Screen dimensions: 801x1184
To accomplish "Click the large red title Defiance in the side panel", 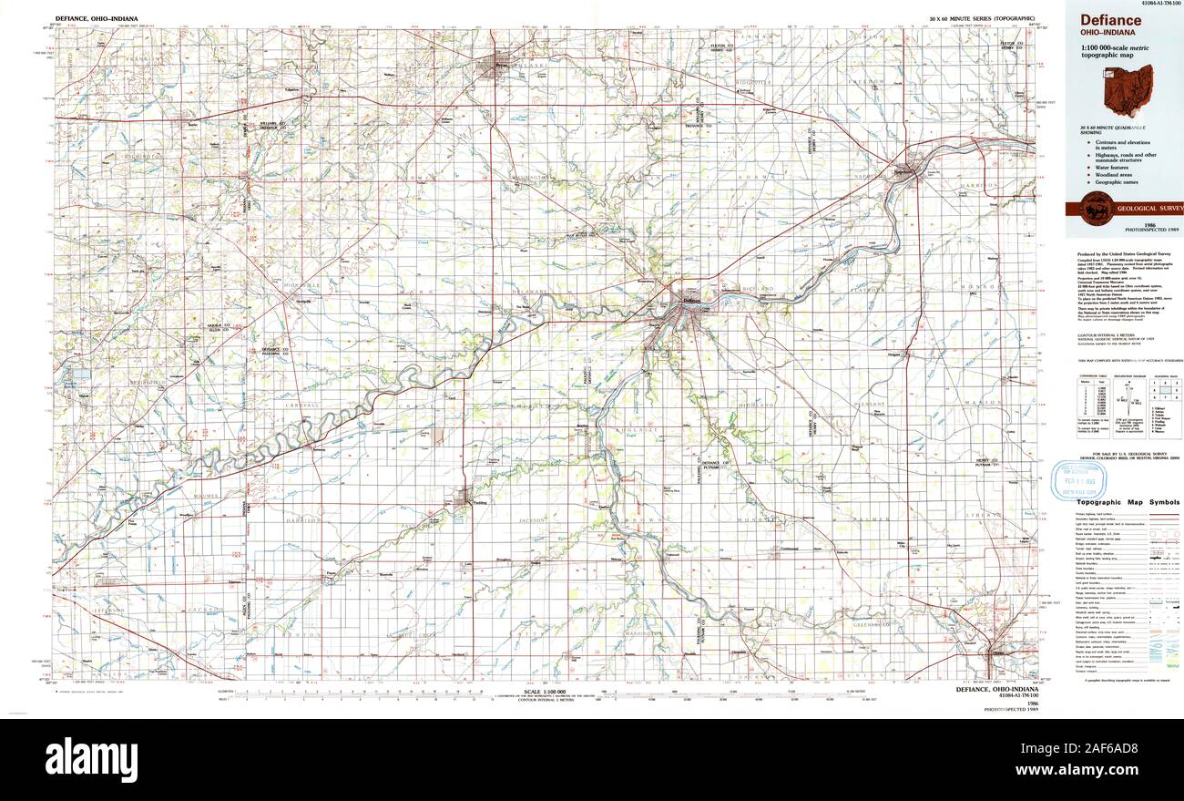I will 1111,20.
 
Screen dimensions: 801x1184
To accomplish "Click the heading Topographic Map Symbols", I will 1128,502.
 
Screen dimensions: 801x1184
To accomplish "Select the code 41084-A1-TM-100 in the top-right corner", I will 1157,5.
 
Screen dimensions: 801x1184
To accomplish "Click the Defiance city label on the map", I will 692,298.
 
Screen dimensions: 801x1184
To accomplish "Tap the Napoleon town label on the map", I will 903,170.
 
